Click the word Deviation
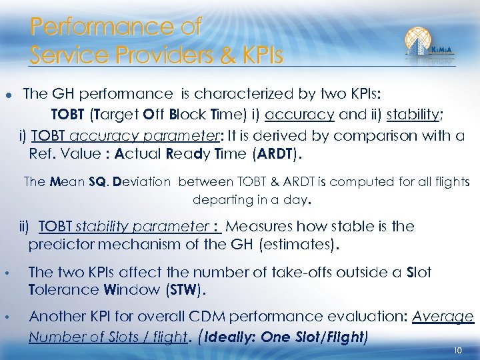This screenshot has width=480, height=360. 142,181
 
